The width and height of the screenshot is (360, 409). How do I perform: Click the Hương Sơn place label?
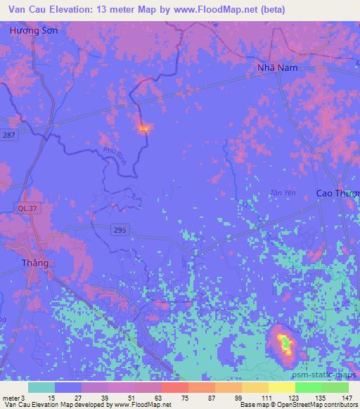34,32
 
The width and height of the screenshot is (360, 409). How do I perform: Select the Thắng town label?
34,264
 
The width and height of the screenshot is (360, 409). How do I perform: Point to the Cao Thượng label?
337,193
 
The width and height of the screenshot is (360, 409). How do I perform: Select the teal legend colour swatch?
41,387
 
